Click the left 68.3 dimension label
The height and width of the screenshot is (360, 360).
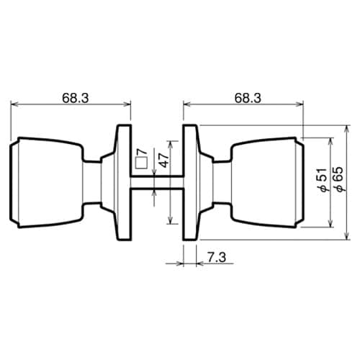click(x=76, y=98)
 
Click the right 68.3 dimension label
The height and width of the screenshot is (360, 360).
click(x=248, y=98)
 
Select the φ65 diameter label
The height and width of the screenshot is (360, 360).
click(x=339, y=179)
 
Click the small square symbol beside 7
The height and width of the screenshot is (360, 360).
click(x=141, y=163)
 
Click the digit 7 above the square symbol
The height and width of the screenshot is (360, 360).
click(x=141, y=152)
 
